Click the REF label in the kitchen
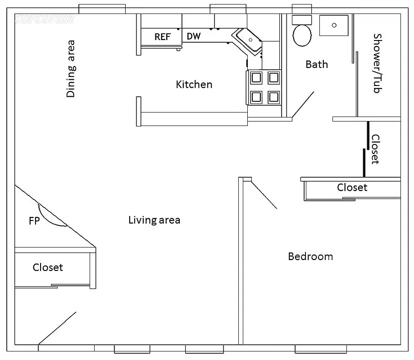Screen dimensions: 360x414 tap(162, 37)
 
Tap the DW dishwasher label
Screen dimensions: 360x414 tap(193, 36)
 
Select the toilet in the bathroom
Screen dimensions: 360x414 tap(302, 34)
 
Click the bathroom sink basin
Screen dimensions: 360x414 tap(334, 25)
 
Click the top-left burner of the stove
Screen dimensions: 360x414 tap(256, 78)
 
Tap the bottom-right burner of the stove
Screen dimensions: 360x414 tap(273, 96)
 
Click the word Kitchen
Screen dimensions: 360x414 tap(194, 84)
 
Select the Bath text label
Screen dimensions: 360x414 tap(317, 64)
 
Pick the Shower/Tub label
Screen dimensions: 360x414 tap(377, 63)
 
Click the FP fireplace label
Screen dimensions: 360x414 tap(34, 221)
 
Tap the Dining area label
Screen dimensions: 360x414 tap(71, 69)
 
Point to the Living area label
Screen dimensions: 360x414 tap(154, 220)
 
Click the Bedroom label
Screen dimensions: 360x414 tap(310, 256)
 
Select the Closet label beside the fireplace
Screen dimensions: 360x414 tap(48, 267)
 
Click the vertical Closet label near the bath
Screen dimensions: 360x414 tap(375, 149)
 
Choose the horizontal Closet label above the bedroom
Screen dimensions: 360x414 tap(352, 187)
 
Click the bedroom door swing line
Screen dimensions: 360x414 tap(264, 194)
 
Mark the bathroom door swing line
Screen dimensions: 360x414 tap(303, 103)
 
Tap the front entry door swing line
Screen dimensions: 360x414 tap(57, 328)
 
